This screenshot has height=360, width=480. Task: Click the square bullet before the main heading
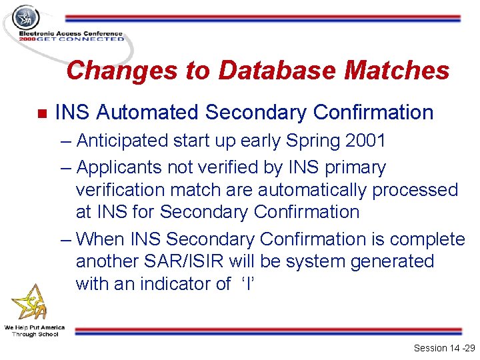tap(41, 114)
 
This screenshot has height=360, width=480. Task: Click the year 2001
tap(363, 141)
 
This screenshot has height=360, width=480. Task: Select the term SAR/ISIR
tap(198, 261)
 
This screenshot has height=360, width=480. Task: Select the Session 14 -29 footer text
tap(444, 348)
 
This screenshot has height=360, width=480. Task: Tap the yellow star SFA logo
tap(29, 303)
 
